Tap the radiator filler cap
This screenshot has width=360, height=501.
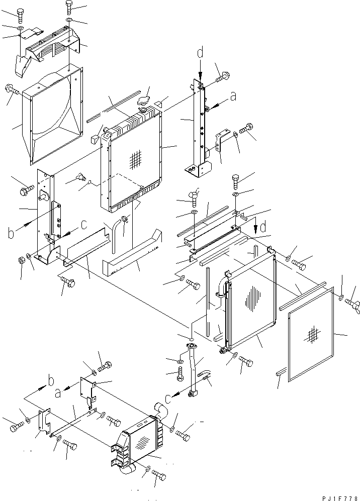pyautogui.click(x=144, y=101)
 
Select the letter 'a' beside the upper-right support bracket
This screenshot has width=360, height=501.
pyautogui.click(x=234, y=96)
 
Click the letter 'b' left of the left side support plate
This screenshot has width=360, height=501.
pyautogui.click(x=11, y=233)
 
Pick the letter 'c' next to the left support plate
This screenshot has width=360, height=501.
pyautogui.click(x=84, y=225)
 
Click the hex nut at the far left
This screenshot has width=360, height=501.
pyautogui.click(x=21, y=260)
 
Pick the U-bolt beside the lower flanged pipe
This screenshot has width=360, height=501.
pyautogui.click(x=205, y=376)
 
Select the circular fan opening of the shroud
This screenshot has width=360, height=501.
pyautogui.click(x=53, y=105)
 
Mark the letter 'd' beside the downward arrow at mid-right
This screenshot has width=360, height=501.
pyautogui.click(x=263, y=227)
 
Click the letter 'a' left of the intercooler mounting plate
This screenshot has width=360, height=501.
pyautogui.click(x=57, y=393)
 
